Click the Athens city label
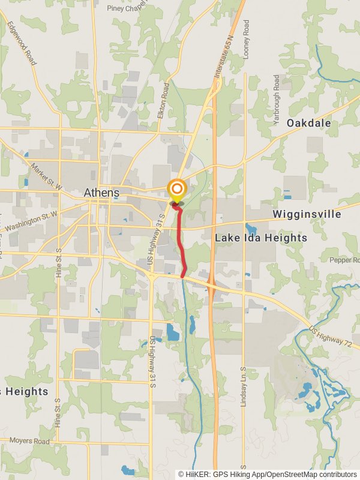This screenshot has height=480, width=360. [101, 193]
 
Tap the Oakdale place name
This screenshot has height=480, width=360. [308, 123]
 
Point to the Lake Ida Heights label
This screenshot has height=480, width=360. [261, 238]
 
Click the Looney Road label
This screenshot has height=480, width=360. [247, 39]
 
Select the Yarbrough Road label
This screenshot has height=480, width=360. [277, 100]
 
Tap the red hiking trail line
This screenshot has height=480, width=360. [182, 240]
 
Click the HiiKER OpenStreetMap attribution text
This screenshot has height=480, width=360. [267, 474]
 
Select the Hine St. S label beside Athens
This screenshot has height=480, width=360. [58, 265]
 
